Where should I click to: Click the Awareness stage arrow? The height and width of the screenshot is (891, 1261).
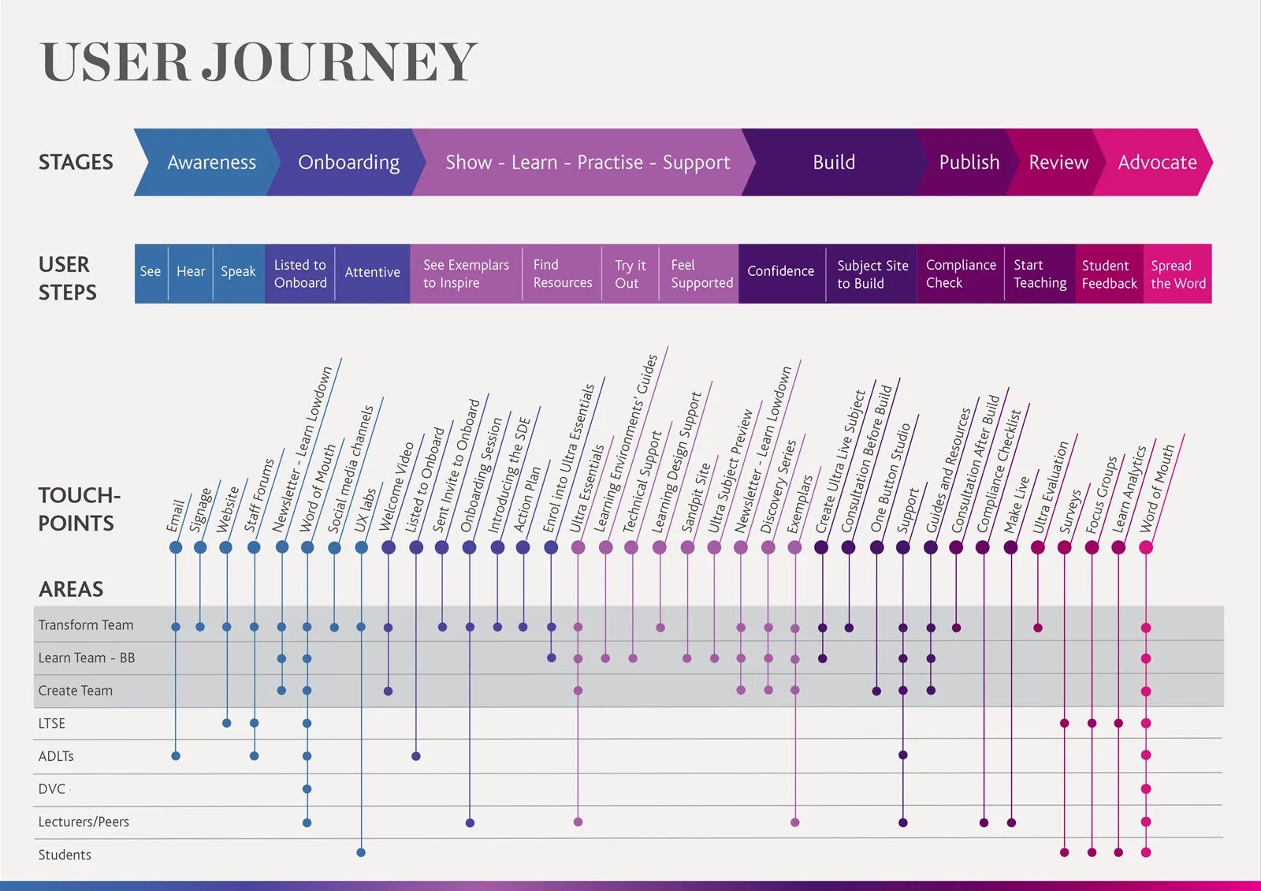click(210, 162)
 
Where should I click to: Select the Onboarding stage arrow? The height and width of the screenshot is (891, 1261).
click(348, 162)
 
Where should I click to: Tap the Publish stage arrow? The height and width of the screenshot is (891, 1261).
click(968, 162)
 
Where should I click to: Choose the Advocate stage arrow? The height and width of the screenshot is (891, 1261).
click(1156, 162)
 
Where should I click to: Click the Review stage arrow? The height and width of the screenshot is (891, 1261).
click(1058, 162)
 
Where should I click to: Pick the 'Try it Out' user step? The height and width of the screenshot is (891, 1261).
click(630, 274)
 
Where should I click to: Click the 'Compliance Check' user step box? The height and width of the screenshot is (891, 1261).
click(960, 274)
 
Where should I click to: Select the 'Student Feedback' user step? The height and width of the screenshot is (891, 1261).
click(1108, 274)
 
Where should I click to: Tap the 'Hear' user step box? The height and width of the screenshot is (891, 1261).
click(191, 272)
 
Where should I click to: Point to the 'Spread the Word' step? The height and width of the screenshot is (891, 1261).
click(1177, 274)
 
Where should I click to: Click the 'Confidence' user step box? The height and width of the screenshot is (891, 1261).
click(780, 271)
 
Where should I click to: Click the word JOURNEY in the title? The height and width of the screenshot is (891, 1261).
click(339, 62)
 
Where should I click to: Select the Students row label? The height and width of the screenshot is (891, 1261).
click(65, 855)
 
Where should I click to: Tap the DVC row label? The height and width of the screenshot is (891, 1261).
click(52, 788)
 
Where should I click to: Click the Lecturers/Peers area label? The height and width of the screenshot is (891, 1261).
click(84, 822)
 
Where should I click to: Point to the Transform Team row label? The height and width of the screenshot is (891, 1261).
click(86, 625)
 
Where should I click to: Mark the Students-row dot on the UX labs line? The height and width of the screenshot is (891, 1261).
click(361, 852)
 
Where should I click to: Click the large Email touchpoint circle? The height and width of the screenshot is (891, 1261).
click(176, 547)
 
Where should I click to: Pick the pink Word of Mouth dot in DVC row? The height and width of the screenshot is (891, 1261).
click(1146, 788)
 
